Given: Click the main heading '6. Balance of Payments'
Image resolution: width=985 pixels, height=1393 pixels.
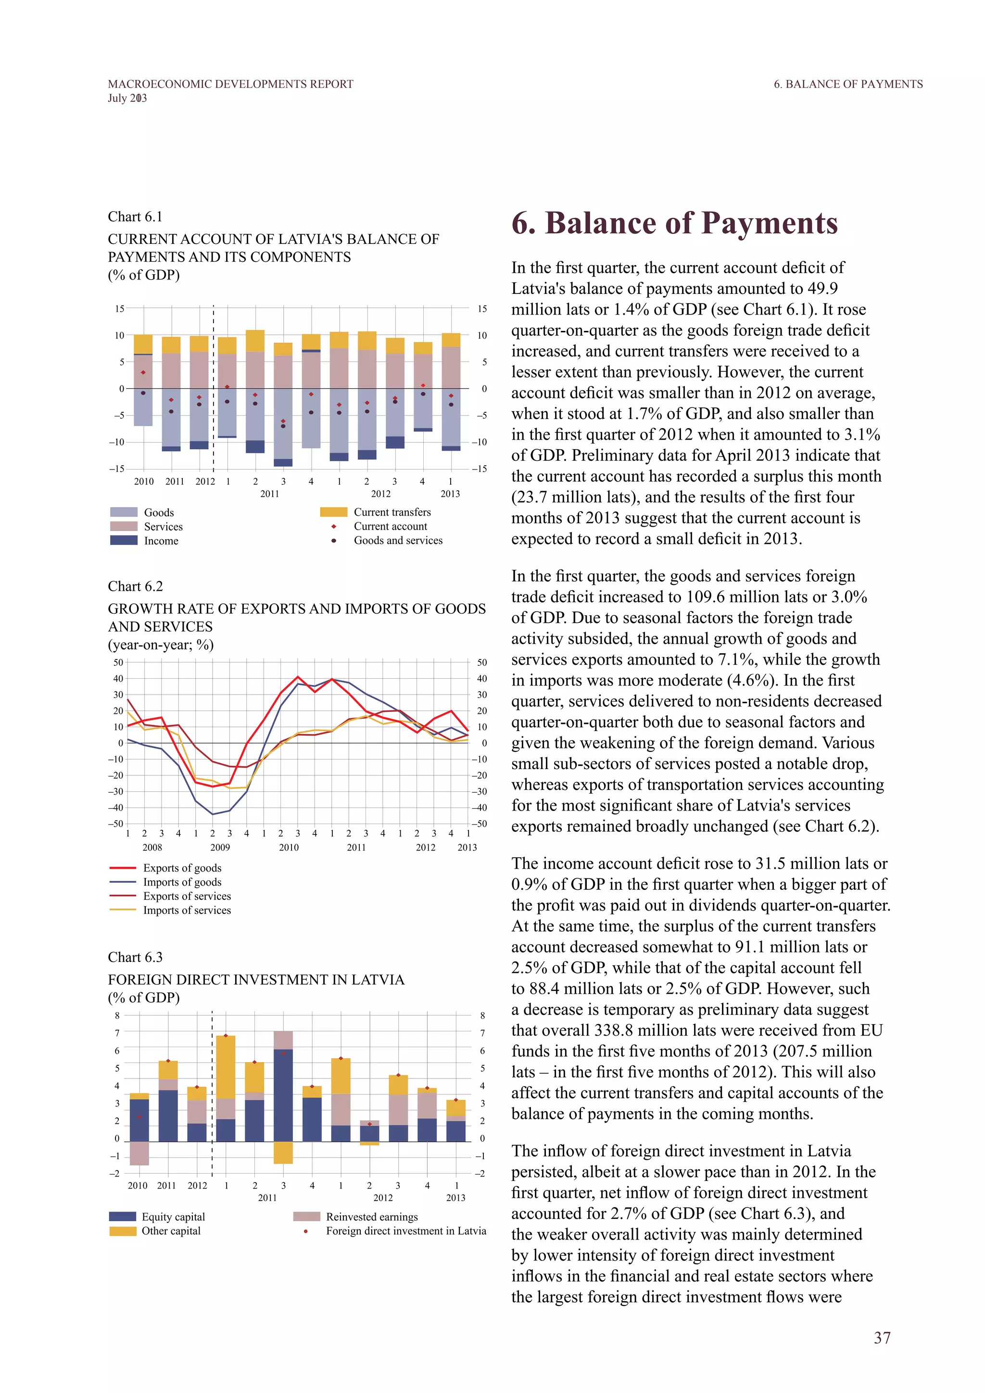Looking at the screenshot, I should pyautogui.click(x=674, y=223).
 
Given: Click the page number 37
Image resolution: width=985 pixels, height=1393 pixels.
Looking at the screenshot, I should pyautogui.click(x=882, y=1338).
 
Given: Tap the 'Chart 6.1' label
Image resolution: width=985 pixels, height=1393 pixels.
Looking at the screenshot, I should pyautogui.click(x=135, y=216).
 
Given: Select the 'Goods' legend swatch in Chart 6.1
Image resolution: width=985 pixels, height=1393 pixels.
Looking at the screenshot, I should pyautogui.click(x=124, y=513).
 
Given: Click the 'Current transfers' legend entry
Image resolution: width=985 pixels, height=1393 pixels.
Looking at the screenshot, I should pyautogui.click(x=392, y=512).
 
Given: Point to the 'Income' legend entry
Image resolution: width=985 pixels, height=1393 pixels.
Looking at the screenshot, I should pyautogui.click(x=161, y=541).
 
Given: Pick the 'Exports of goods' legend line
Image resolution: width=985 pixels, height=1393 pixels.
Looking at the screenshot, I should pyautogui.click(x=123, y=868).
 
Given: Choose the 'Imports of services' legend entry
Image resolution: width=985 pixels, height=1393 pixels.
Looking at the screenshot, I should pyautogui.click(x=187, y=910).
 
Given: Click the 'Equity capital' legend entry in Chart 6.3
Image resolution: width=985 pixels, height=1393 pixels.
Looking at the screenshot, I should pyautogui.click(x=173, y=1216).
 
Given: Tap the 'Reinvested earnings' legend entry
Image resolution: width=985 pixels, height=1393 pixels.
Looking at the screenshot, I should pyautogui.click(x=371, y=1216).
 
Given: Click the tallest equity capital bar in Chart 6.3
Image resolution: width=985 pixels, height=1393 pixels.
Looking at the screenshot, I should pyautogui.click(x=283, y=1095).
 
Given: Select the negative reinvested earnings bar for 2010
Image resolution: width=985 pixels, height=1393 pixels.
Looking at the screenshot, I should pyautogui.click(x=139, y=1153).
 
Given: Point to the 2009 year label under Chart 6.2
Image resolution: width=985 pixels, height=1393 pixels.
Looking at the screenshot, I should pyautogui.click(x=220, y=848).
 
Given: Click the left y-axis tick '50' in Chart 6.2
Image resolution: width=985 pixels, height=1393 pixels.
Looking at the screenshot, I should pyautogui.click(x=118, y=662).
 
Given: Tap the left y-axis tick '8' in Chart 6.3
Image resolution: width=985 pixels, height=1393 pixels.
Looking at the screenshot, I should pyautogui.click(x=118, y=1015).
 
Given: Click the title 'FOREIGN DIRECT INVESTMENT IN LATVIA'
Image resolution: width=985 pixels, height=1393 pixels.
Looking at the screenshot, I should pyautogui.click(x=256, y=980).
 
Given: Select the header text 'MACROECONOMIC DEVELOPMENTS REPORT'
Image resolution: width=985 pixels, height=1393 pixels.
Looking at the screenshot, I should pyautogui.click(x=230, y=84).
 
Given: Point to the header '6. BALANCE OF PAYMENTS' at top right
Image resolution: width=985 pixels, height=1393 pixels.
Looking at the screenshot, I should pyautogui.click(x=848, y=84).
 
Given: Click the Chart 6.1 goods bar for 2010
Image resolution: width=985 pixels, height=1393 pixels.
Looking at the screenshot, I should pyautogui.click(x=143, y=407).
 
